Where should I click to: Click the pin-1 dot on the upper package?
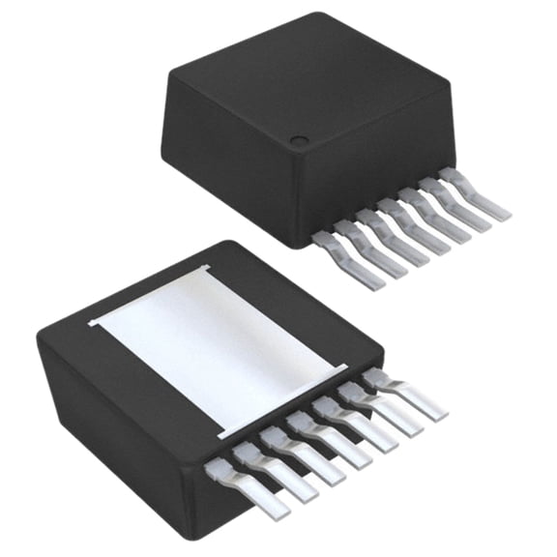coord(299,141)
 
